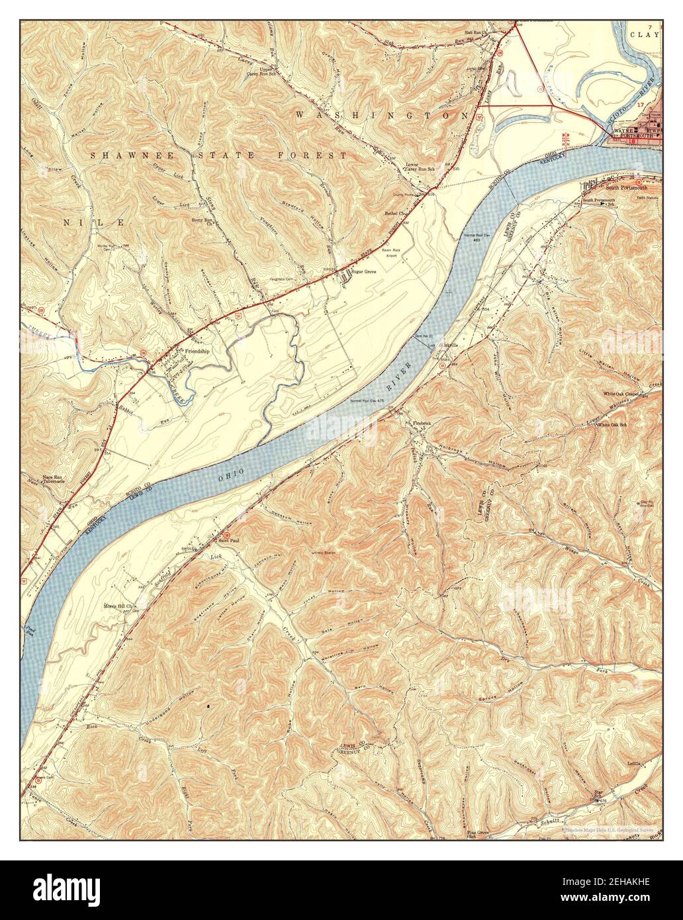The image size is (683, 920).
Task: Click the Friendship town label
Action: pyautogui.click(x=197, y=351)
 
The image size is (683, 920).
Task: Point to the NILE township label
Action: pyautogui.click(x=93, y=223)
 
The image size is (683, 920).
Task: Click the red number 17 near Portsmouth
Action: pyautogui.click(x=639, y=105)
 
